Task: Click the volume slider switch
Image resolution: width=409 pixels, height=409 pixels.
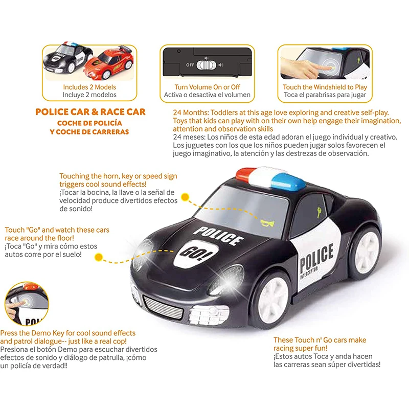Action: pyautogui.click(x=206, y=65)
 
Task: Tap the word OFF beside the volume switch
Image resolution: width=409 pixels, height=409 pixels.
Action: pyautogui.click(x=190, y=65)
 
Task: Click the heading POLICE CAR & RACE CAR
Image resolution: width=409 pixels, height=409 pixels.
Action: pyautogui.click(x=90, y=112)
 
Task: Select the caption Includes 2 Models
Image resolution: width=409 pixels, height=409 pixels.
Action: pyautogui.click(x=90, y=87)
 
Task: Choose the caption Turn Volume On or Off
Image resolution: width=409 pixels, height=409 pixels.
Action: pyautogui.click(x=207, y=87)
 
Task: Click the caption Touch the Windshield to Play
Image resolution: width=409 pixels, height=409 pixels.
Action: pyautogui.click(x=325, y=87)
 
